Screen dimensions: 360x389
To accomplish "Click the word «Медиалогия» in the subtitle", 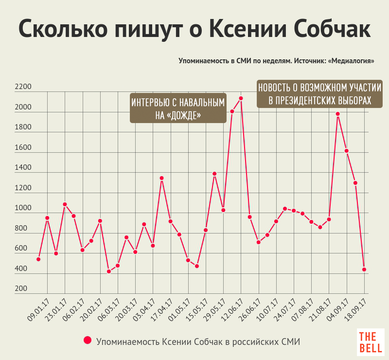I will click(x=351, y=61).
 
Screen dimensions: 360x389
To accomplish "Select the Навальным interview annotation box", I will click(x=178, y=108).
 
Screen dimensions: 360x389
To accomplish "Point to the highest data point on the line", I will click(x=241, y=98).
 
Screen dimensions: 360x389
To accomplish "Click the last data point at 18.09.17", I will click(x=364, y=270).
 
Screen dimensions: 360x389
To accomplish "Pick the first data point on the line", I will click(x=38, y=259).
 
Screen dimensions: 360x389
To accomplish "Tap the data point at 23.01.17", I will click(x=65, y=204).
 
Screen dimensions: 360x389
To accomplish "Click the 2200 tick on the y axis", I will click(x=23, y=88).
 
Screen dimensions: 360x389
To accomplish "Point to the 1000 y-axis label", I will click(x=23, y=208).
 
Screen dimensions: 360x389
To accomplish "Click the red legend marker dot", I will click(x=88, y=341).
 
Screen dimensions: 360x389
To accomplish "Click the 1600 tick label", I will click(x=23, y=148).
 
